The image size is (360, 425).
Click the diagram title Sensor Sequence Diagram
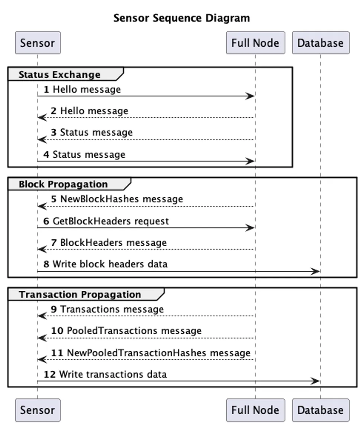(x=181, y=18)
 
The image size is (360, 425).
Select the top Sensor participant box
(x=38, y=43)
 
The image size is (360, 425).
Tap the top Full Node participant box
(x=255, y=43)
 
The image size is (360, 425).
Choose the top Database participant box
(x=320, y=43)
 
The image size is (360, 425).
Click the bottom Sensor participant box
(x=38, y=410)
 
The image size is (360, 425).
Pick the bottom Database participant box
(x=320, y=410)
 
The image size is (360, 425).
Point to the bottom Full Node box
(x=255, y=410)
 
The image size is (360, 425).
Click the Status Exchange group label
(x=59, y=75)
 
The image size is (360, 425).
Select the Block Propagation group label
(x=63, y=184)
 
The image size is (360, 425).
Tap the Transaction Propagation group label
(x=80, y=294)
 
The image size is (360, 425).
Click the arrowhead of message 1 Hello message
(x=250, y=96)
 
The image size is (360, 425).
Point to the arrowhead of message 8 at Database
(x=315, y=271)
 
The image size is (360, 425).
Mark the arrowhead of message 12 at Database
(x=315, y=381)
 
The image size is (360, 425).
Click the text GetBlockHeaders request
(x=111, y=221)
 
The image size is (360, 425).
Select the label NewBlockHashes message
(x=121, y=199)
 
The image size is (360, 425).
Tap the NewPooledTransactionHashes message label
(x=159, y=353)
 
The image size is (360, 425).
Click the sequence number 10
(x=57, y=331)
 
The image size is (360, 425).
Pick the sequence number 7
(x=54, y=243)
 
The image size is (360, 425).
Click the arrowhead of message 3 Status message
(x=42, y=140)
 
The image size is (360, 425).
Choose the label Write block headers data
(x=110, y=264)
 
